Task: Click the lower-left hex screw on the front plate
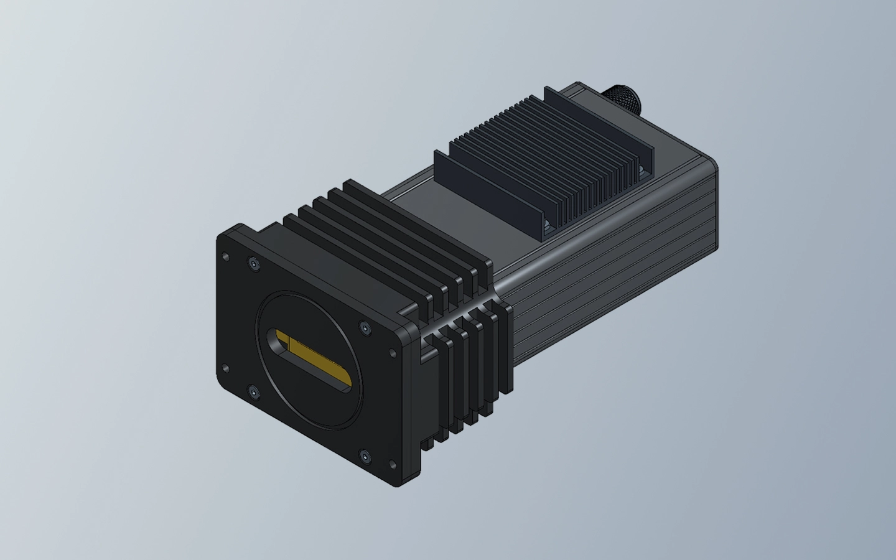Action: click(x=253, y=392)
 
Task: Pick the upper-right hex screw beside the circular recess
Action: click(x=363, y=327)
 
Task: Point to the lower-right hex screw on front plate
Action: click(x=365, y=458)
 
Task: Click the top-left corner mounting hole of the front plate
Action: click(x=225, y=256)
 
